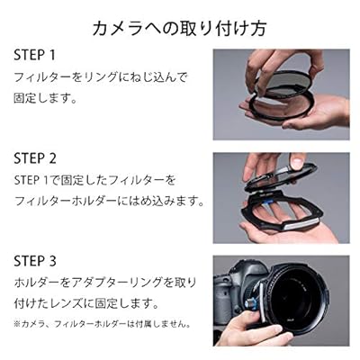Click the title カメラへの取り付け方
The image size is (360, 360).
pos(179,29)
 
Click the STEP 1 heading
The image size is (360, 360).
pos(35,55)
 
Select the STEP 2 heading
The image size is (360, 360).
pos(35,158)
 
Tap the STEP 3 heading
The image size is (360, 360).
pos(35,261)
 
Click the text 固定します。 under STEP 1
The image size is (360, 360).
pos(45,98)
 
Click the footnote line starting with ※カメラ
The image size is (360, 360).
pos(102,324)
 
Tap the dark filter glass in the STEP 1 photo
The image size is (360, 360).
pos(287,85)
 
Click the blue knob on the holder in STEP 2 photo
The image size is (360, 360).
pos(269,202)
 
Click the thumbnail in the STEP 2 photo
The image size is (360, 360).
pos(297,163)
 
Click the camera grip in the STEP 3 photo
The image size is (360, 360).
pos(224,300)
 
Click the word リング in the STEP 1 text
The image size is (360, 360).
pos(99,78)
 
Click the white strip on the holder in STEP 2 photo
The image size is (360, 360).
pos(301,224)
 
